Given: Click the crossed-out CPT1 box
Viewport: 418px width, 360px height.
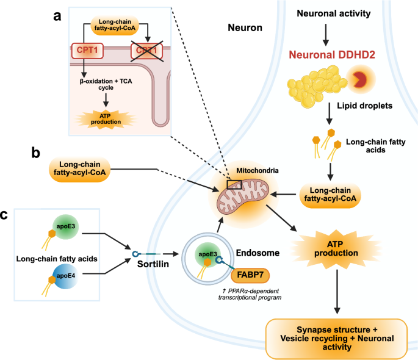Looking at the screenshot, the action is click(146, 51).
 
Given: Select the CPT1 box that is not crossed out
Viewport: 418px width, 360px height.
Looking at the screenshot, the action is click(87, 51).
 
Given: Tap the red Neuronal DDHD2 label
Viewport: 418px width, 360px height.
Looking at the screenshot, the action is click(332, 55).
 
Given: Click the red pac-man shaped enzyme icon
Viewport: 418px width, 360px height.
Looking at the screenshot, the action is click(360, 79).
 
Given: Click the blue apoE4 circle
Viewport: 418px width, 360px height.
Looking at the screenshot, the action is click(65, 276).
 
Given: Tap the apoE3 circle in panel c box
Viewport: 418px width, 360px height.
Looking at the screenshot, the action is click(65, 227).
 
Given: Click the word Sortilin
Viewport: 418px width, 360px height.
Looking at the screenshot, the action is click(153, 264).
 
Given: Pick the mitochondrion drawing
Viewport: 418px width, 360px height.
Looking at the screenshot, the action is click(243, 196).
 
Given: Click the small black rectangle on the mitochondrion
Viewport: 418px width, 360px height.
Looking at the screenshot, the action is click(234, 185).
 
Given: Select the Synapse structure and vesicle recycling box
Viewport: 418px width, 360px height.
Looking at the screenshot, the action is click(337, 339).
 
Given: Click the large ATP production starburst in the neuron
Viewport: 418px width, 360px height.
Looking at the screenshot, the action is click(336, 248).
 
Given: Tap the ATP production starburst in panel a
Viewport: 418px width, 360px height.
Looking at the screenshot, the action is click(106, 119).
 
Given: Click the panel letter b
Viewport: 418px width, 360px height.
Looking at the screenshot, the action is click(36, 153).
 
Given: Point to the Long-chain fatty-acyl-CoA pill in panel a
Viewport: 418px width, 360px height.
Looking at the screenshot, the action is click(115, 25).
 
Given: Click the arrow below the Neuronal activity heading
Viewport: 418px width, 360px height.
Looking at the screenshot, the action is click(325, 35).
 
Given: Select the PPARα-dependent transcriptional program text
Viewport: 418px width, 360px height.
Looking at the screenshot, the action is click(250, 294).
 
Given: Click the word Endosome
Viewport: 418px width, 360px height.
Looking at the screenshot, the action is click(258, 253).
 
